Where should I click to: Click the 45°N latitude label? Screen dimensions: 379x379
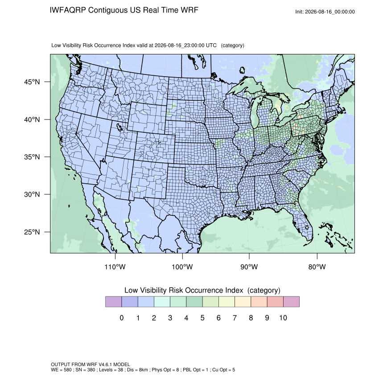tap(32, 82)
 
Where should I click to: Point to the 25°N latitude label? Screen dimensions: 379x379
tap(32, 232)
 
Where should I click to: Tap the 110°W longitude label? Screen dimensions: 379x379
tap(115, 267)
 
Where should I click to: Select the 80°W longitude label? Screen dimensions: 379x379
tap(317, 267)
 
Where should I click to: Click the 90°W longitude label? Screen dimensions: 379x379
tap(249, 267)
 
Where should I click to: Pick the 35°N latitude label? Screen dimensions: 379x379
tap(32, 157)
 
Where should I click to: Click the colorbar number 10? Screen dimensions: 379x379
tap(283, 317)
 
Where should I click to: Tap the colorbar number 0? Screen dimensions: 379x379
tap(122, 317)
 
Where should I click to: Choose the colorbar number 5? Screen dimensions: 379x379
tap(202, 317)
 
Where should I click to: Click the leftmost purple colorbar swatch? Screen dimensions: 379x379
tap(113, 302)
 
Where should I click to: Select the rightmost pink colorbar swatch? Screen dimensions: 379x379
tap(291, 302)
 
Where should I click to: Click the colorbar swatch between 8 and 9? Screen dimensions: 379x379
tap(259, 302)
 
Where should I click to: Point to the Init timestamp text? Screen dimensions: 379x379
tap(325, 12)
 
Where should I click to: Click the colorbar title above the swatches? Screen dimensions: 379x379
tap(202, 290)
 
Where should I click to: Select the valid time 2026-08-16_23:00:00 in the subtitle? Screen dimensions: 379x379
tap(180, 45)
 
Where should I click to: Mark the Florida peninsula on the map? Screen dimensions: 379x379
tap(302, 222)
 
